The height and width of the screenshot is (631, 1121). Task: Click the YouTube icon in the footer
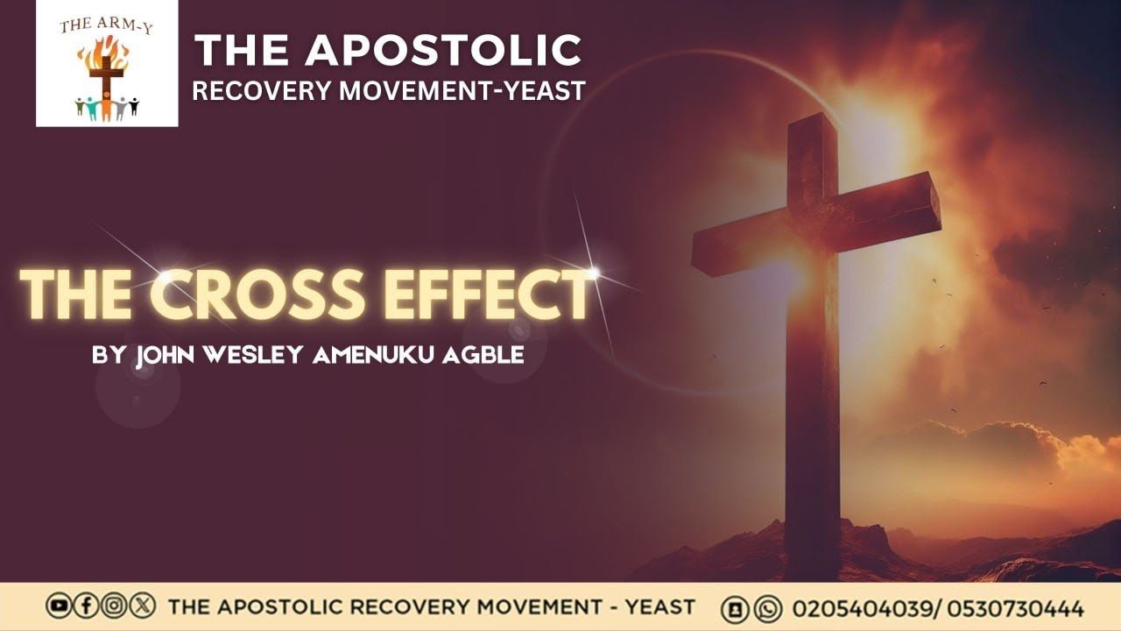coord(59,606)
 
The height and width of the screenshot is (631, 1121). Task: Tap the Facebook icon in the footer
coord(86,606)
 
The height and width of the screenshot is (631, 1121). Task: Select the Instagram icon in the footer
coord(113,606)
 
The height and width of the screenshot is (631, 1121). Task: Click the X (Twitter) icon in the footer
coord(141,606)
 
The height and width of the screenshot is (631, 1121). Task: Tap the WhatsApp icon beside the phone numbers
coord(767,607)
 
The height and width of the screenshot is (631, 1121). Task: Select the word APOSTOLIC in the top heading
coord(442,51)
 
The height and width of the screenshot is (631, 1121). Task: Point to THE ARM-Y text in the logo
coord(106,25)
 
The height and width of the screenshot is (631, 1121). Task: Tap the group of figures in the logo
coord(106,107)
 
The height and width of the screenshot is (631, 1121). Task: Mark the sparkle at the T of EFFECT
coord(592,273)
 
